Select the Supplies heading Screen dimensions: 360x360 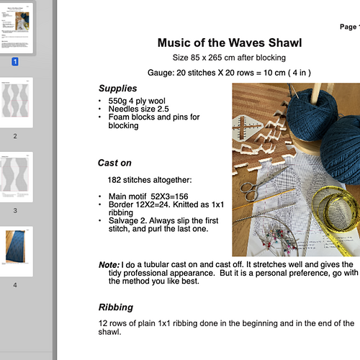click(x=117, y=88)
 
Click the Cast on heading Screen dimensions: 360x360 click(x=115, y=162)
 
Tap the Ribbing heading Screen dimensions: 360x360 click(x=116, y=307)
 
